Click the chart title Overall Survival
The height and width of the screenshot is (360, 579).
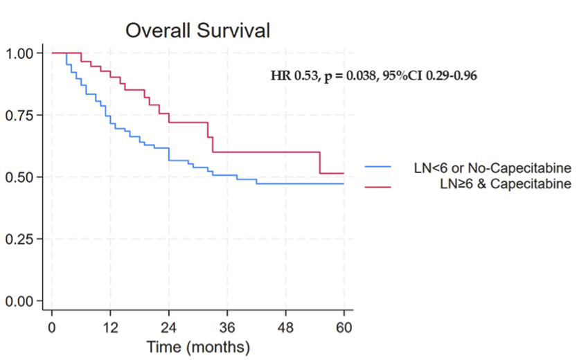[x=197, y=30]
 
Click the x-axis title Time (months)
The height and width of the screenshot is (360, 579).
[x=197, y=345]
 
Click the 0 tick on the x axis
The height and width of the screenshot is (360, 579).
[x=51, y=326]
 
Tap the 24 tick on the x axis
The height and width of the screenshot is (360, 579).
[x=168, y=326]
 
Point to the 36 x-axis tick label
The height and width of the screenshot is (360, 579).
[x=227, y=326]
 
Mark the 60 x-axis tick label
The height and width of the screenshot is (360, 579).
[x=344, y=326]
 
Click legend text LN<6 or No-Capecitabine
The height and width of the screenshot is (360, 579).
[x=488, y=168]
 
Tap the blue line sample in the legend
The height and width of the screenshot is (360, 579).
[x=378, y=168]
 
